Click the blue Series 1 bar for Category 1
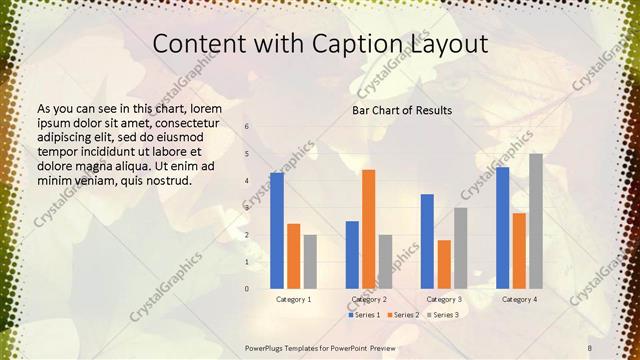click(x=276, y=231)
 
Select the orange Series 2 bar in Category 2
click(x=368, y=229)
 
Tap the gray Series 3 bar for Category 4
click(x=536, y=221)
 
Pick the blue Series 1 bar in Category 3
click(x=427, y=241)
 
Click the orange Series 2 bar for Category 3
click(x=444, y=264)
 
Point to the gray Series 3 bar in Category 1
click(x=310, y=262)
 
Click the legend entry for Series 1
click(x=361, y=315)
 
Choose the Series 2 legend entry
click(x=402, y=315)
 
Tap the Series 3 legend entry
click(x=442, y=315)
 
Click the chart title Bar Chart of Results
click(x=402, y=110)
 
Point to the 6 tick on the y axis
click(x=246, y=127)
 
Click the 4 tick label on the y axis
click(x=246, y=181)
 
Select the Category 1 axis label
click(x=293, y=299)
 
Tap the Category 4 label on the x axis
click(x=519, y=299)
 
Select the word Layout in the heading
click(x=445, y=45)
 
